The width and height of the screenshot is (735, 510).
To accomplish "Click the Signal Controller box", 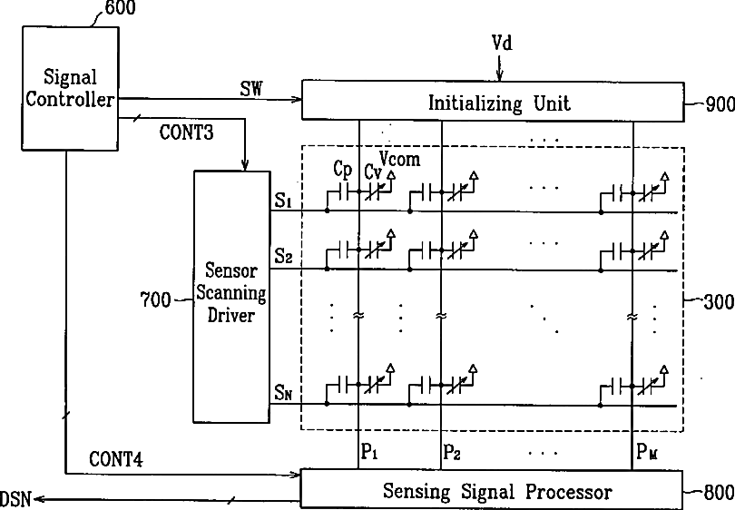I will click(70, 87).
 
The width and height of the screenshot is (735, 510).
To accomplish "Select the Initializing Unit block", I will click(493, 101).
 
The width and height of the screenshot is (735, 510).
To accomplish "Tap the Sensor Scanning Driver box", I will click(232, 295).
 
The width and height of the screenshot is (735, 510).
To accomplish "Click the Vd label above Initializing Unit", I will click(502, 44).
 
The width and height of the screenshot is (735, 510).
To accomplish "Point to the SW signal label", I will click(251, 89).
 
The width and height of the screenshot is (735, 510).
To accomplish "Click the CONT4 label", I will click(115, 459).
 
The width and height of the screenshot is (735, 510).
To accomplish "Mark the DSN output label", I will click(16, 498).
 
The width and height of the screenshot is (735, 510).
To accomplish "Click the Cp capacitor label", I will click(343, 171).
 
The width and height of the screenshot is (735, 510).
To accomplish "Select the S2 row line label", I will click(283, 257).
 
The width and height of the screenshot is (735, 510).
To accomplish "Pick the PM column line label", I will click(646, 450).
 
